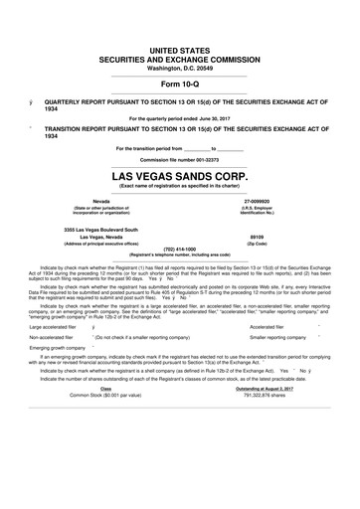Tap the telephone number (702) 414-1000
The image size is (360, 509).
pyautogui.click(x=180, y=249)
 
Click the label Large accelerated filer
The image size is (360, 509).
pyautogui.click(x=55, y=324)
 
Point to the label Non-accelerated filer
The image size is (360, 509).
pyautogui.click(x=52, y=337)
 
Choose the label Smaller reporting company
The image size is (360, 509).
pyautogui.click(x=276, y=337)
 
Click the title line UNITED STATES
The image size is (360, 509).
pyautogui.click(x=180, y=48)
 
